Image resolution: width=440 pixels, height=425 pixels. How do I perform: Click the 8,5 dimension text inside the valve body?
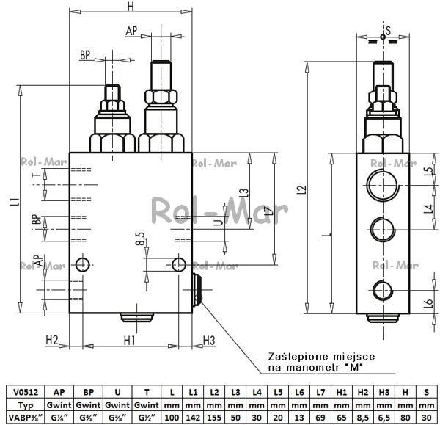click(141, 239)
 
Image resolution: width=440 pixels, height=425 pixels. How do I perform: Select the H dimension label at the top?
click(131, 6)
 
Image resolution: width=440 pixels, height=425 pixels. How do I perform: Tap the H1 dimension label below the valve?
click(130, 341)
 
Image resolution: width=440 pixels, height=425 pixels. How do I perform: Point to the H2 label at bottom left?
click(52, 340)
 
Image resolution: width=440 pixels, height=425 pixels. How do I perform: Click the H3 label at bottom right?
click(209, 341)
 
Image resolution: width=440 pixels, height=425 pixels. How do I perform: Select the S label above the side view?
click(388, 30)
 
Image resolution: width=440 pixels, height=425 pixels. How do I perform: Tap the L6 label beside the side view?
click(429, 303)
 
